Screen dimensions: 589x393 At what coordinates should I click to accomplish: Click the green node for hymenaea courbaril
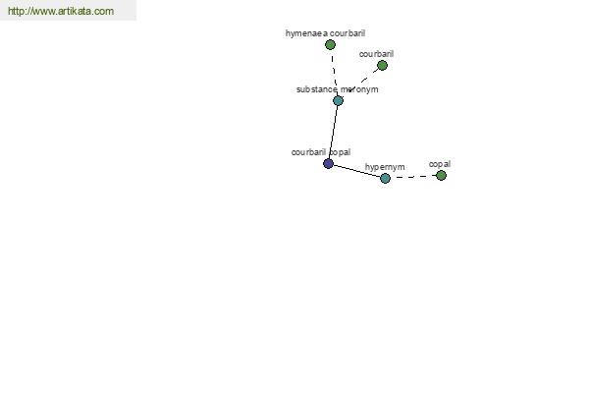tap(330, 45)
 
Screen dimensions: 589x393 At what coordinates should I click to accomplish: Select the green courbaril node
tap(382, 66)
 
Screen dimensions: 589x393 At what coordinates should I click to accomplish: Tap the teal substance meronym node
tap(338, 101)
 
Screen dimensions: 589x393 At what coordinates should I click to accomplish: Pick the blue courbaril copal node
tap(328, 164)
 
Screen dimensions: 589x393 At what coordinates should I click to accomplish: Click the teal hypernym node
tap(385, 178)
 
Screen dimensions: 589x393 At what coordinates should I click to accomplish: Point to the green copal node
tap(441, 175)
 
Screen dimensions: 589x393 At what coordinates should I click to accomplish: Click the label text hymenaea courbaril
tap(325, 33)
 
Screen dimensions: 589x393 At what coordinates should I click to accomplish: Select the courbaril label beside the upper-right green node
tap(376, 54)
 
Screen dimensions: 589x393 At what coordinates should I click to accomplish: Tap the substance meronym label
tap(338, 89)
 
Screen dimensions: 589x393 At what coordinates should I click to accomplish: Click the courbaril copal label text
tap(321, 152)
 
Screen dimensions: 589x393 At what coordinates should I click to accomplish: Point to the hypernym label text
tap(385, 167)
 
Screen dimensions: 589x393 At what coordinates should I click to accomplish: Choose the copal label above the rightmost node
tap(440, 164)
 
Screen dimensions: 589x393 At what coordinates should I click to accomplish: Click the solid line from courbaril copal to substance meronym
tap(333, 132)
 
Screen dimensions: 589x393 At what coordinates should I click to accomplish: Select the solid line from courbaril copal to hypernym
tap(357, 171)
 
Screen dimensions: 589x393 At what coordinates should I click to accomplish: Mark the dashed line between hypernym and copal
tap(413, 177)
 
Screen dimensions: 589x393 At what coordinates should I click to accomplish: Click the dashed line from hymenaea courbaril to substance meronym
tap(334, 73)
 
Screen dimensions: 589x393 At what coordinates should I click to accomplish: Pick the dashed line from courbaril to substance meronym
tap(361, 82)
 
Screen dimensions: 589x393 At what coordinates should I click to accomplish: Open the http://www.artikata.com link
tap(61, 11)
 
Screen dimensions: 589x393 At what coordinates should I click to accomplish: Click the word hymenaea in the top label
tap(306, 33)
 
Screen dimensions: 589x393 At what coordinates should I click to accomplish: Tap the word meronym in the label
tap(359, 89)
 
